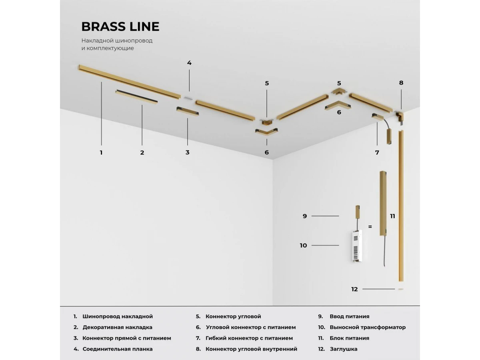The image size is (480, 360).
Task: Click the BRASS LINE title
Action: tap(120, 26)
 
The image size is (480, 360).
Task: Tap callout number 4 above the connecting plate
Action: tap(189, 63)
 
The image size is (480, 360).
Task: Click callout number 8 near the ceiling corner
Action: tap(401, 83)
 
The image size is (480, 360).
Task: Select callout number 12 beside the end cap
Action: tap(354, 289)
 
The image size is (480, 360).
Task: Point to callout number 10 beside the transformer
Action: tap(303, 246)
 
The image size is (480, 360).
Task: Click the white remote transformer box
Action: tap(357, 246)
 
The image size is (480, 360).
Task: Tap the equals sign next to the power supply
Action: tap(370, 227)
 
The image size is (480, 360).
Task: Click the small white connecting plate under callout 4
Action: tap(188, 98)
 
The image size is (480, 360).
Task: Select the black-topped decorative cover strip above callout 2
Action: tap(136, 97)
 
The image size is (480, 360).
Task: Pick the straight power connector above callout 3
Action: tap(188, 112)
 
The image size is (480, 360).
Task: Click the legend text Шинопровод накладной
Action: tap(118, 316)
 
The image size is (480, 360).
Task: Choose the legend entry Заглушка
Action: tap(344, 349)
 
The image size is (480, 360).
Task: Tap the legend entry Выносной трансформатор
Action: tap(368, 327)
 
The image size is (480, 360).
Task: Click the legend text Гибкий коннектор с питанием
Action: tap(249, 338)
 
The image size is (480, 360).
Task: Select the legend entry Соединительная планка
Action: tap(118, 349)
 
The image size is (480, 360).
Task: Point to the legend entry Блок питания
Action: tap(350, 338)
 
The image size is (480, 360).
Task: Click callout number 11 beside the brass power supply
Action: tap(392, 216)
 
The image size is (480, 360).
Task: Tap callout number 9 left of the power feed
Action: tap(305, 216)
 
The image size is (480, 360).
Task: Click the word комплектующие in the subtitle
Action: tap(110, 48)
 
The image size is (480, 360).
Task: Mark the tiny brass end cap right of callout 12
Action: tap(401, 289)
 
